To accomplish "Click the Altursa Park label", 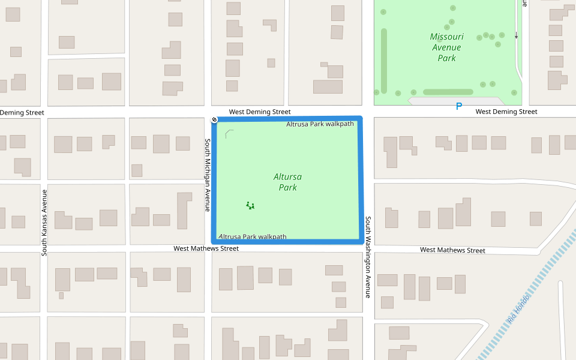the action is coord(288,182).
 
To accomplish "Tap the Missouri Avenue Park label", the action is coord(446,47).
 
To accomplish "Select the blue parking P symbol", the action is coord(459,107).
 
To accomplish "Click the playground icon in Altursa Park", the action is coord(250,205).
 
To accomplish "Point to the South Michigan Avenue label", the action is coord(208,175).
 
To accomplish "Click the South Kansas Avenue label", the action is coord(44,223).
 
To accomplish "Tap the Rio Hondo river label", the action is coord(518,310).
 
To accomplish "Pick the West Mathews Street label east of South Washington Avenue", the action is coord(452,250).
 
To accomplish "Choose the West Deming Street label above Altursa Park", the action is coord(260,112).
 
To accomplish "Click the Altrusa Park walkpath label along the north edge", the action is coord(320,124).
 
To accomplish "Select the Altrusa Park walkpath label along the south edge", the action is coord(253,236).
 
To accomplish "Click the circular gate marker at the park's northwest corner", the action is coord(214,120).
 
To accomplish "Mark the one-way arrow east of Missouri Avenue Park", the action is coord(516,36).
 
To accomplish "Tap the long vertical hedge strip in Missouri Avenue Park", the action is coord(384,60).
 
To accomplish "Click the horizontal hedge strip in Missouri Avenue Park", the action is coord(448,92).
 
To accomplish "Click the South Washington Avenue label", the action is coord(368,257).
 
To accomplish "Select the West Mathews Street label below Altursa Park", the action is coord(206,248).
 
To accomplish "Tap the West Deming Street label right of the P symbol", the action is coord(506,112).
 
